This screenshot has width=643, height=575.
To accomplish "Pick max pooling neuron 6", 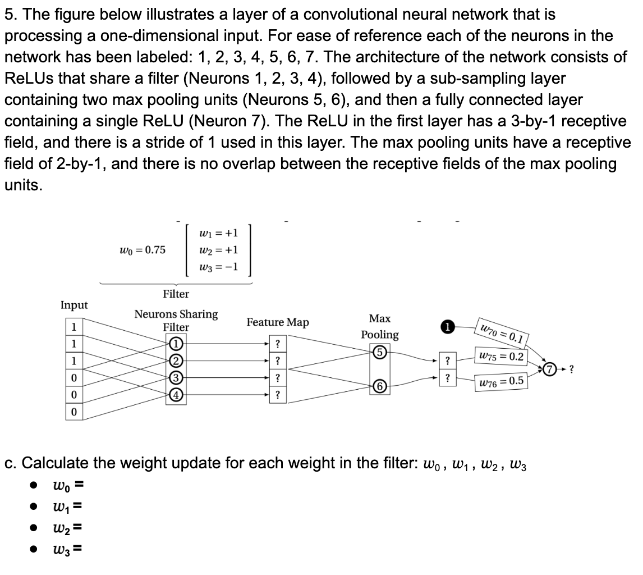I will pyautogui.click(x=380, y=386).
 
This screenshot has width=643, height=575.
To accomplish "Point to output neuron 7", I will pyautogui.click(x=550, y=369).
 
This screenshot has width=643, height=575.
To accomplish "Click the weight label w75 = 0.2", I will pyautogui.click(x=500, y=357).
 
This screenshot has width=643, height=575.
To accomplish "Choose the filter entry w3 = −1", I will pyautogui.click(x=218, y=267).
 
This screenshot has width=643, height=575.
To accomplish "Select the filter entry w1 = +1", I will pyautogui.click(x=218, y=232).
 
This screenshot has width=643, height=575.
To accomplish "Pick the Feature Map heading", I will pyautogui.click(x=278, y=322).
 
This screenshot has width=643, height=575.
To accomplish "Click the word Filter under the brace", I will pyautogui.click(x=176, y=294).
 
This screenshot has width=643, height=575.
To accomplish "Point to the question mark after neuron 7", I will pyautogui.click(x=571, y=369).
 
